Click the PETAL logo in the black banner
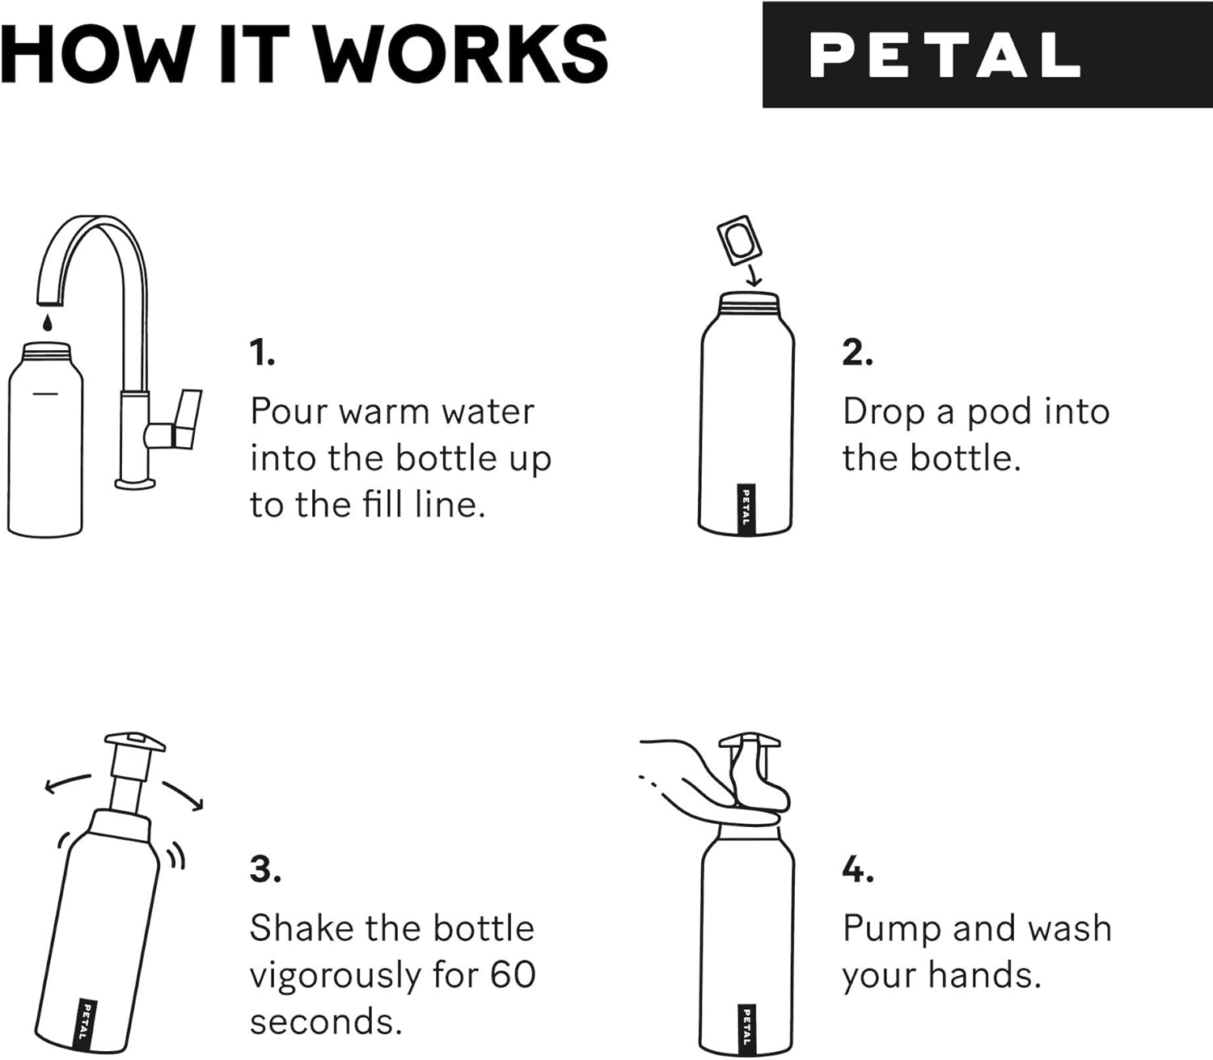(x=945, y=55)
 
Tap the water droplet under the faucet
(x=48, y=323)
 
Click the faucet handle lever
(x=189, y=418)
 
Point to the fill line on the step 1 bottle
(x=45, y=394)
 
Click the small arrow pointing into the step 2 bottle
(x=754, y=276)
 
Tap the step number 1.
(x=262, y=353)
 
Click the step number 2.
(x=857, y=353)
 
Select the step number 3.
(x=265, y=869)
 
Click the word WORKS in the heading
(x=460, y=55)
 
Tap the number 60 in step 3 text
(x=513, y=975)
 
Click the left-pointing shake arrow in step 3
(x=67, y=782)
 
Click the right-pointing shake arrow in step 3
(x=183, y=794)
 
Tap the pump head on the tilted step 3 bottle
(x=134, y=741)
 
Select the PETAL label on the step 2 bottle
(x=746, y=509)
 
